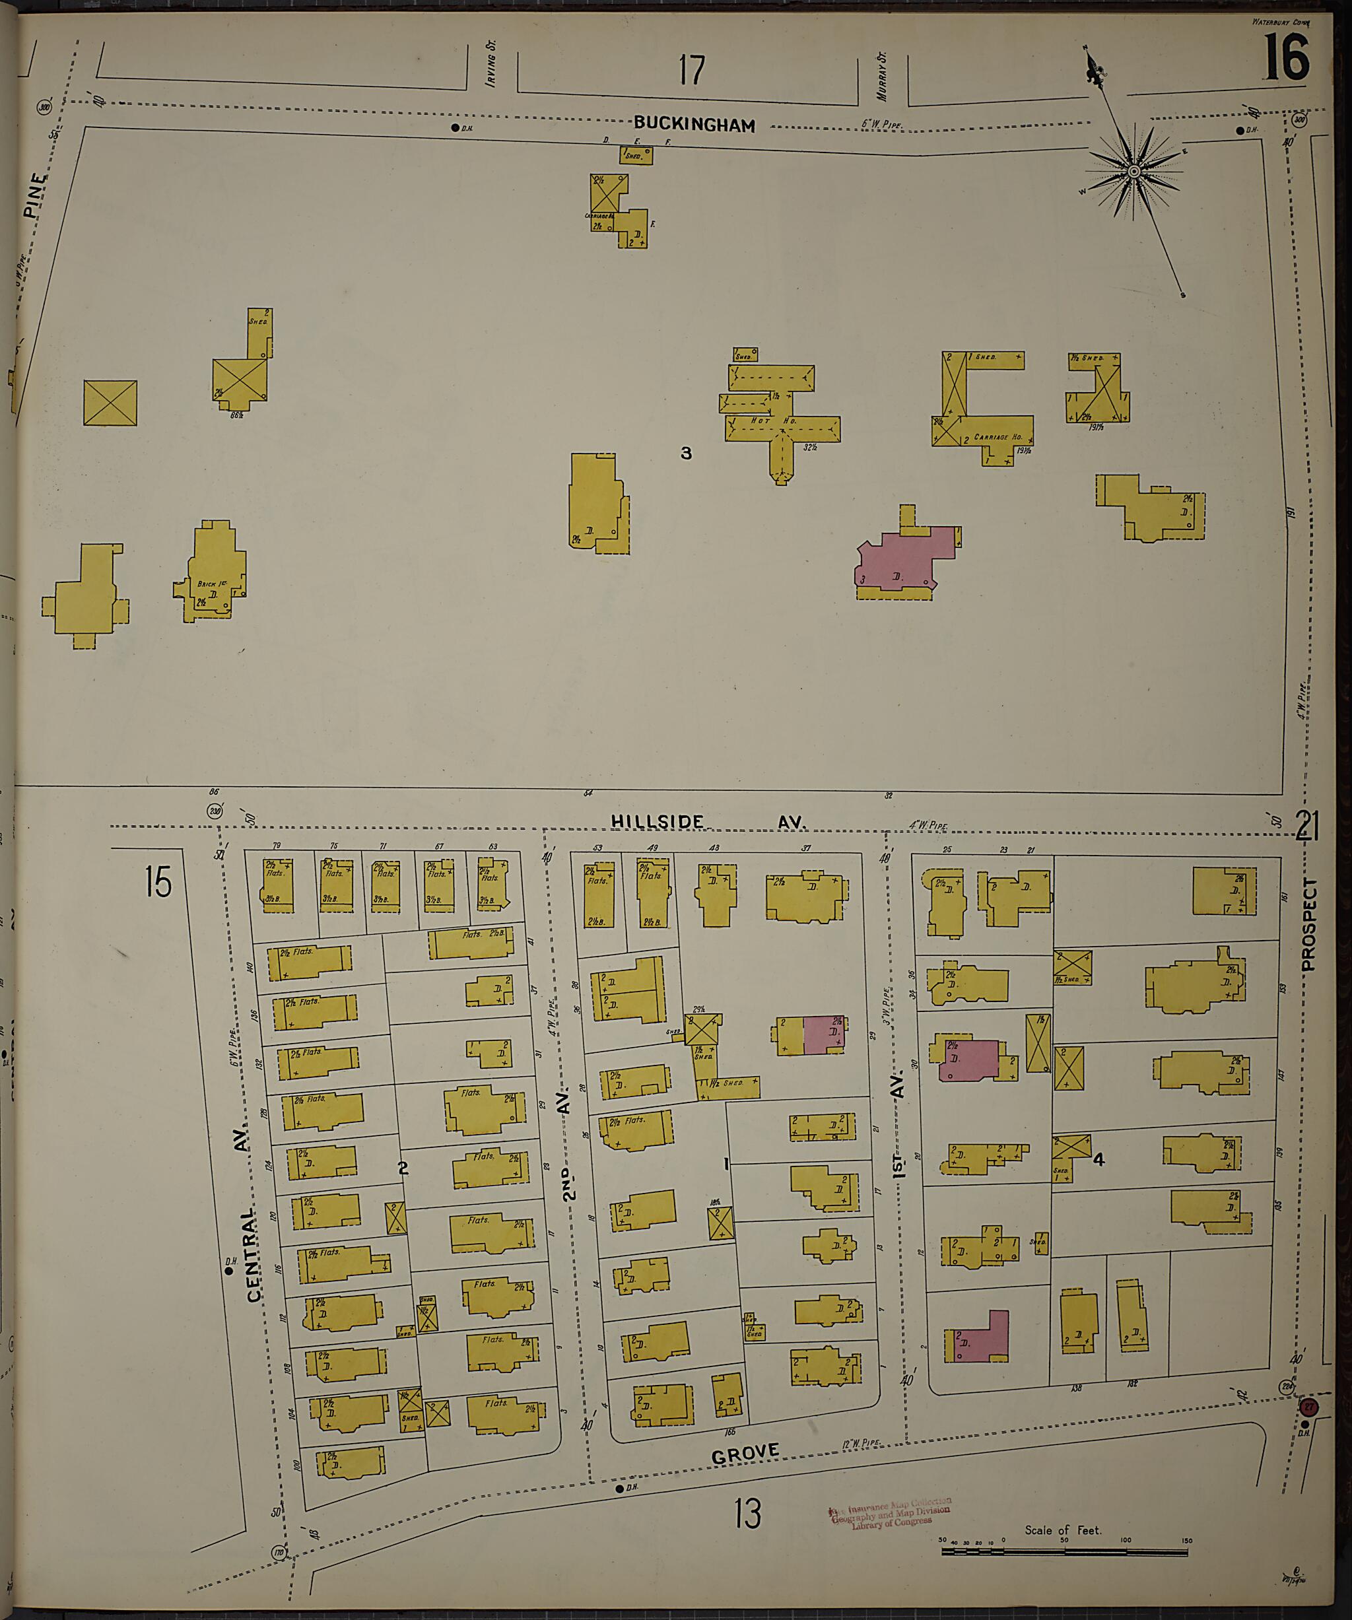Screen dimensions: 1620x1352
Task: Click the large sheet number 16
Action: [1286, 59]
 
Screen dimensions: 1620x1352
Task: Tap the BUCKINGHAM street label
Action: [694, 124]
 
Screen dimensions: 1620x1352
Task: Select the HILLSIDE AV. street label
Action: [708, 823]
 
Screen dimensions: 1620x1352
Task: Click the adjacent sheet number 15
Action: [158, 882]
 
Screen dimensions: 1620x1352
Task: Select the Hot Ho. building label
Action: [779, 421]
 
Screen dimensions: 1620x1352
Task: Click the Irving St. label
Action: [491, 64]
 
